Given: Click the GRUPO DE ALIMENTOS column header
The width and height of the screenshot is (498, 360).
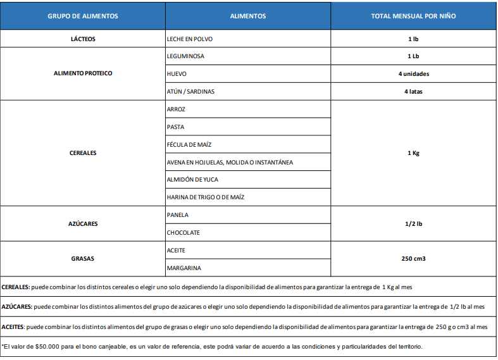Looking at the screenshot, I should tap(83, 16).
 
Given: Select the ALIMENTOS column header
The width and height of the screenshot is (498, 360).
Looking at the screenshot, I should tap(248, 16).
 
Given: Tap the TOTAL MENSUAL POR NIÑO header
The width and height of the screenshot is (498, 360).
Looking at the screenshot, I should tap(413, 16).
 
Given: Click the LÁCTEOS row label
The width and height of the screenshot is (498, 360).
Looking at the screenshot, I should tap(83, 39).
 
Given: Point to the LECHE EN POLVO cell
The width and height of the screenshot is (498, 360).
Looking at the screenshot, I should tap(190, 39).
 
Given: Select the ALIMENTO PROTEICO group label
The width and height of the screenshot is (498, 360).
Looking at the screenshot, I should tap(83, 73).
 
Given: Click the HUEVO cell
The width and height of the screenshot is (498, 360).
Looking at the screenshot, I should tap(177, 73).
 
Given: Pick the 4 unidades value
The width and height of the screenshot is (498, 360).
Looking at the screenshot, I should tap(413, 73).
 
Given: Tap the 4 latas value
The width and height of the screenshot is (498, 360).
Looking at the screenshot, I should tap(413, 91).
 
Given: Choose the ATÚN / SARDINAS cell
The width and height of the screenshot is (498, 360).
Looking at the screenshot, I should tap(190, 91).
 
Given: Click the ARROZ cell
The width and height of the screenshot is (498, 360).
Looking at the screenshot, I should tap(176, 109).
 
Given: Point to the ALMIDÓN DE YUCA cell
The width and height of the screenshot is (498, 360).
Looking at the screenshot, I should tap(192, 179).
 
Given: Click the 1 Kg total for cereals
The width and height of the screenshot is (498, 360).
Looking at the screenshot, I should tap(413, 152).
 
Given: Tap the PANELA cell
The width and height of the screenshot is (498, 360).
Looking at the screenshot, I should tap(178, 214).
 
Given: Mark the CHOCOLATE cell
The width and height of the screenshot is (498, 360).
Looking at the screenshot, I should tap(183, 232).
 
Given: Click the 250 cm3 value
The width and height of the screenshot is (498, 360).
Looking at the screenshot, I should tap(413, 259).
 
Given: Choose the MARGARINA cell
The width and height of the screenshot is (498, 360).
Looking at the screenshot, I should tap(184, 268).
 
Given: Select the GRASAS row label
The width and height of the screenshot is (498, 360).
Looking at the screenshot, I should tap(83, 259).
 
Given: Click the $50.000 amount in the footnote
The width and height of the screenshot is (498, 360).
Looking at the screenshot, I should tap(49, 346).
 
